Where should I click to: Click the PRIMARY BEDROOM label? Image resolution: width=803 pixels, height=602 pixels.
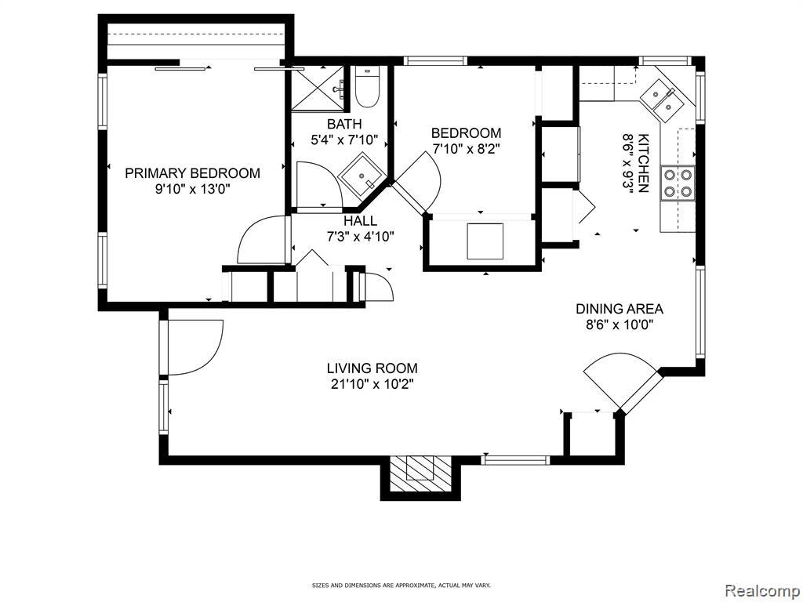point(193,173)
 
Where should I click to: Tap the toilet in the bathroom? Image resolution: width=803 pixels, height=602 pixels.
point(367,86)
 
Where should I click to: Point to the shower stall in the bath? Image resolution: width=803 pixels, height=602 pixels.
point(320,88)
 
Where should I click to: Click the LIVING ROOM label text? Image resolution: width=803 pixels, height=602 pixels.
point(372,368)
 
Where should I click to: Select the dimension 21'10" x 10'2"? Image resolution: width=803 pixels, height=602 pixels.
point(372,384)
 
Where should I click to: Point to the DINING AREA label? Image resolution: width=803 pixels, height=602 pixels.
point(620,309)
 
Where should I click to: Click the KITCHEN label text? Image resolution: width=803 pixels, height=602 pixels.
point(644,163)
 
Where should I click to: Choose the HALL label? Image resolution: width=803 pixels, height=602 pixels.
point(361,220)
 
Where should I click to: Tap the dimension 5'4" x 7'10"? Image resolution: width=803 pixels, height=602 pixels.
point(345,140)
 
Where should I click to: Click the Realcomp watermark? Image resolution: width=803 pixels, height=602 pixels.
point(761,591)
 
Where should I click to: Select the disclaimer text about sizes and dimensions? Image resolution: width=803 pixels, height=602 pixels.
point(401,584)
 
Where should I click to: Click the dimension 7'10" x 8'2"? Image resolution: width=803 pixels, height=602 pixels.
point(466,149)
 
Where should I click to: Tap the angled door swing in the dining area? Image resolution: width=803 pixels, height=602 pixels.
point(620,379)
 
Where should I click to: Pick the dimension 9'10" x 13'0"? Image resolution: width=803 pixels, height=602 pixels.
point(193,189)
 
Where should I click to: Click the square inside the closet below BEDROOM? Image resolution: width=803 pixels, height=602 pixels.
point(485,241)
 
